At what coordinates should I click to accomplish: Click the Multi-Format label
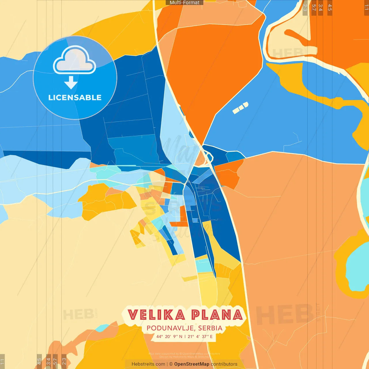tap(184, 3)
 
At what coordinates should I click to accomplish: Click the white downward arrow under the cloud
tap(71, 82)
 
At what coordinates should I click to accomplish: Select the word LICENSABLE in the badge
tap(75, 98)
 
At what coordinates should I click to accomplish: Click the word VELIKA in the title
tap(156, 315)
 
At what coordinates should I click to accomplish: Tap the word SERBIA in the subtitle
tap(210, 328)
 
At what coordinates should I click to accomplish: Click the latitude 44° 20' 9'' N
tap(169, 336)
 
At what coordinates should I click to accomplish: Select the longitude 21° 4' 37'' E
tap(200, 336)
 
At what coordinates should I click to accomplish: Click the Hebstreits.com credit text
tap(148, 364)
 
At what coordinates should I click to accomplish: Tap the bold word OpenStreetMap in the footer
tap(192, 364)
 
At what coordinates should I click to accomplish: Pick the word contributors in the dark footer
tap(224, 364)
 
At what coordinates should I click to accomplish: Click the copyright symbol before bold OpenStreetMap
tap(171, 364)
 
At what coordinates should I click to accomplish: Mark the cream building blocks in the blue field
tap(240, 108)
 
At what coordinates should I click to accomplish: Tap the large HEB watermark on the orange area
tap(284, 314)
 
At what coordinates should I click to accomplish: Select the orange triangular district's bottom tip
tap(203, 143)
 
